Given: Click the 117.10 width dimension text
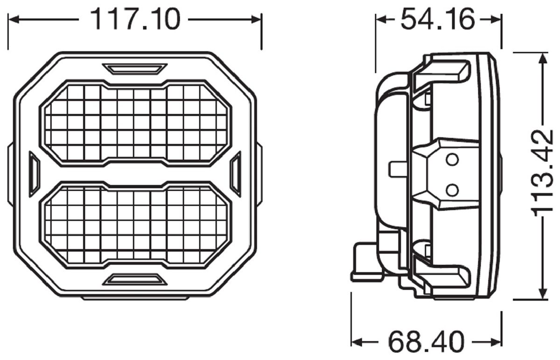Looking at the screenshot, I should [x=134, y=20].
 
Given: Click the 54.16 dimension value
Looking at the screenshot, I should [x=438, y=20].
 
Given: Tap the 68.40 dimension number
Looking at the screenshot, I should [x=426, y=341].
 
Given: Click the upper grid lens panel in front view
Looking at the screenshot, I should [x=135, y=123].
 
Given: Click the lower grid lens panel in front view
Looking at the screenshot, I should [x=135, y=225].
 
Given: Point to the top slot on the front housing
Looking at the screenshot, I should [x=135, y=69].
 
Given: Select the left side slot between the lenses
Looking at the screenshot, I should [x=34, y=173].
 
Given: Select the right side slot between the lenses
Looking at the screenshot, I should [x=236, y=173].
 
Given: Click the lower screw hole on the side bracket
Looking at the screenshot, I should [x=451, y=189].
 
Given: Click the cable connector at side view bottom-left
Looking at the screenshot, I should [x=366, y=263].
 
